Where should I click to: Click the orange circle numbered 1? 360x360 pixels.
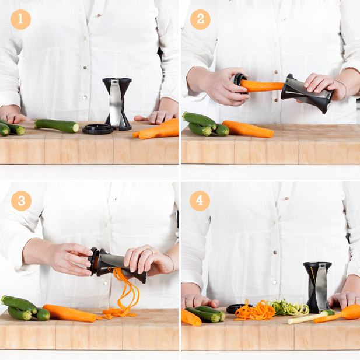tap(20, 19)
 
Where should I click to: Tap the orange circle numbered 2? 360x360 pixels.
tap(201, 19)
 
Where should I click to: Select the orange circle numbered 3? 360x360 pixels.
tap(21, 201)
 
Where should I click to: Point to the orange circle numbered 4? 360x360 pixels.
tap(200, 201)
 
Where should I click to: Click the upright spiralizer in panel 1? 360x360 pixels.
tap(117, 104)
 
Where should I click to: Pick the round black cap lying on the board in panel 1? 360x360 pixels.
tap(98, 129)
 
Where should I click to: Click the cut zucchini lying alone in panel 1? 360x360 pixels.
tap(57, 125)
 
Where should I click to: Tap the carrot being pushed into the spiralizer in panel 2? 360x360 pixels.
tap(262, 85)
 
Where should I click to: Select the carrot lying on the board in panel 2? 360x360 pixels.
tap(248, 129)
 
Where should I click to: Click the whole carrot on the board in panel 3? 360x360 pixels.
tap(70, 313)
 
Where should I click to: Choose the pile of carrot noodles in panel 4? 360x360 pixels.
tap(254, 311)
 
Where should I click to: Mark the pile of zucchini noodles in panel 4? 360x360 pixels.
tap(290, 307)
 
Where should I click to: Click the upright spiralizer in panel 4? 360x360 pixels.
tap(317, 287)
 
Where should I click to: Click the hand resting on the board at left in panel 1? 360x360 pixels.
tap(13, 114)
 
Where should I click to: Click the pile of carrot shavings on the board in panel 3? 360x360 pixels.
tap(117, 313)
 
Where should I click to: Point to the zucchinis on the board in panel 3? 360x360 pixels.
tap(25, 308)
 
